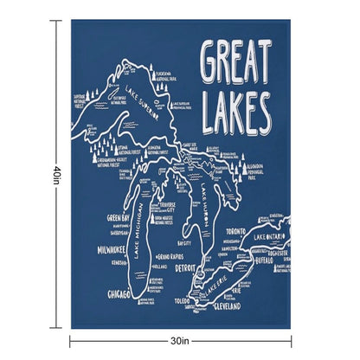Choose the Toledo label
(x=183, y=302)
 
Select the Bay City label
(x=183, y=243)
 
